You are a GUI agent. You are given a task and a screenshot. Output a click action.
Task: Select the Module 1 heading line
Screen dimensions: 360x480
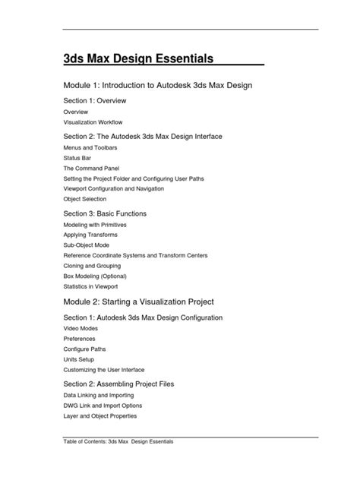pos(157,86)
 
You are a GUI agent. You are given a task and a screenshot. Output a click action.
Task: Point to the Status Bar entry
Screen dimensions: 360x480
pos(77,156)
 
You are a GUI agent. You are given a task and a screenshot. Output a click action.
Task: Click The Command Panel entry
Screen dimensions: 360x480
pos(91,167)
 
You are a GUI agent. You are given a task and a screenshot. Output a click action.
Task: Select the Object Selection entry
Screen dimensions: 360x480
pos(85,199)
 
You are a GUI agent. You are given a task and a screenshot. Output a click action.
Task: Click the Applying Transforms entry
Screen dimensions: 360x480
pos(90,235)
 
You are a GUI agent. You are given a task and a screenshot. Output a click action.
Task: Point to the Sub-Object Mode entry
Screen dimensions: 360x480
pos(87,246)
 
